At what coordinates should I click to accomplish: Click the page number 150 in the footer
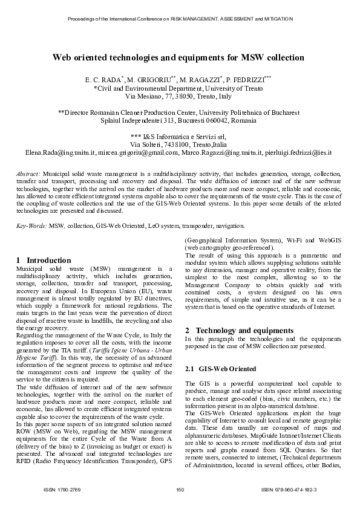click(x=180, y=488)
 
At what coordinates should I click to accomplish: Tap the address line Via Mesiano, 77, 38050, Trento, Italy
click(x=178, y=96)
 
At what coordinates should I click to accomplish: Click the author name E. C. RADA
click(x=103, y=79)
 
